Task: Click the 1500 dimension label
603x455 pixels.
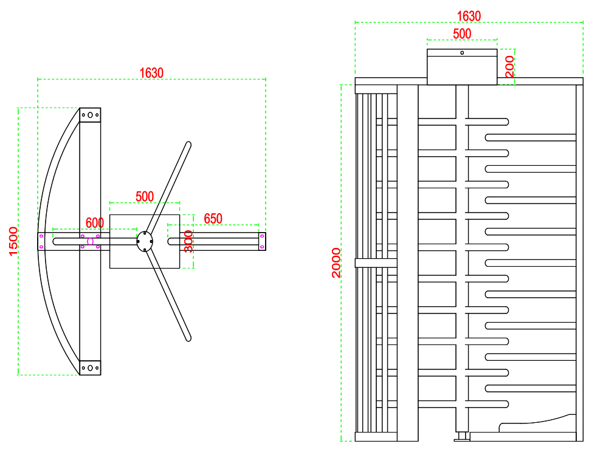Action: click(13, 241)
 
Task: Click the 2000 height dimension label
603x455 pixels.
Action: click(336, 263)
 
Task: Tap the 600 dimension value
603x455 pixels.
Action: click(95, 223)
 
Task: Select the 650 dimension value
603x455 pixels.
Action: click(213, 219)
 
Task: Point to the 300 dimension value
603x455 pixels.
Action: click(188, 241)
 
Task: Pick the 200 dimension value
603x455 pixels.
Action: click(509, 67)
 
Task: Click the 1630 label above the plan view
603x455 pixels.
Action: click(151, 73)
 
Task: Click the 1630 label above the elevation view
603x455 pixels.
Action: click(469, 16)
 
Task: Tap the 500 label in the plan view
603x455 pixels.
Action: click(145, 196)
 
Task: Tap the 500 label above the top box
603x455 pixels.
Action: click(462, 34)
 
